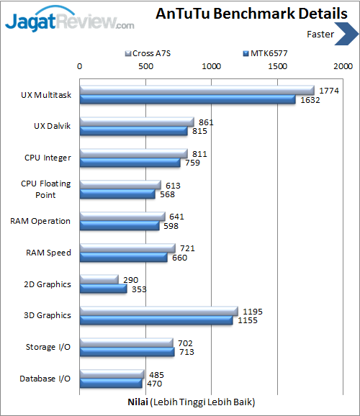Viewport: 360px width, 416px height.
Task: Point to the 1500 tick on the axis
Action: pyautogui.click(x=278, y=65)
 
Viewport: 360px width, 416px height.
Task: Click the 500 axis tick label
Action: pyautogui.click(x=146, y=65)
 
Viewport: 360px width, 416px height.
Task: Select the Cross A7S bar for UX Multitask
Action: pyautogui.click(x=197, y=90)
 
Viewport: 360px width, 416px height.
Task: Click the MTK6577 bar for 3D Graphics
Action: pyautogui.click(x=156, y=320)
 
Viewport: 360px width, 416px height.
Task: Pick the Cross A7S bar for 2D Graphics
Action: pyautogui.click(x=99, y=279)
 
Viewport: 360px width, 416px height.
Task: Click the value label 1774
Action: pyautogui.click(x=329, y=90)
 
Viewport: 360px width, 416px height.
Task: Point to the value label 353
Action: pyautogui.click(x=139, y=289)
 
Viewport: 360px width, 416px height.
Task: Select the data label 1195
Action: pyautogui.click(x=253, y=311)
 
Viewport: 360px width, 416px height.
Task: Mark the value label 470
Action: pyautogui.click(x=154, y=383)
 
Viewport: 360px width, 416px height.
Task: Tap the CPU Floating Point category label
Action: pyautogui.click(x=46, y=189)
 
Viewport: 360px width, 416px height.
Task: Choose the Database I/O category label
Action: pyautogui.click(x=45, y=378)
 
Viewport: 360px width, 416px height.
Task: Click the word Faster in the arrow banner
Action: pyautogui.click(x=320, y=34)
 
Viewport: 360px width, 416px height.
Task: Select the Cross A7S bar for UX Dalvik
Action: pyautogui.click(x=136, y=122)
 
